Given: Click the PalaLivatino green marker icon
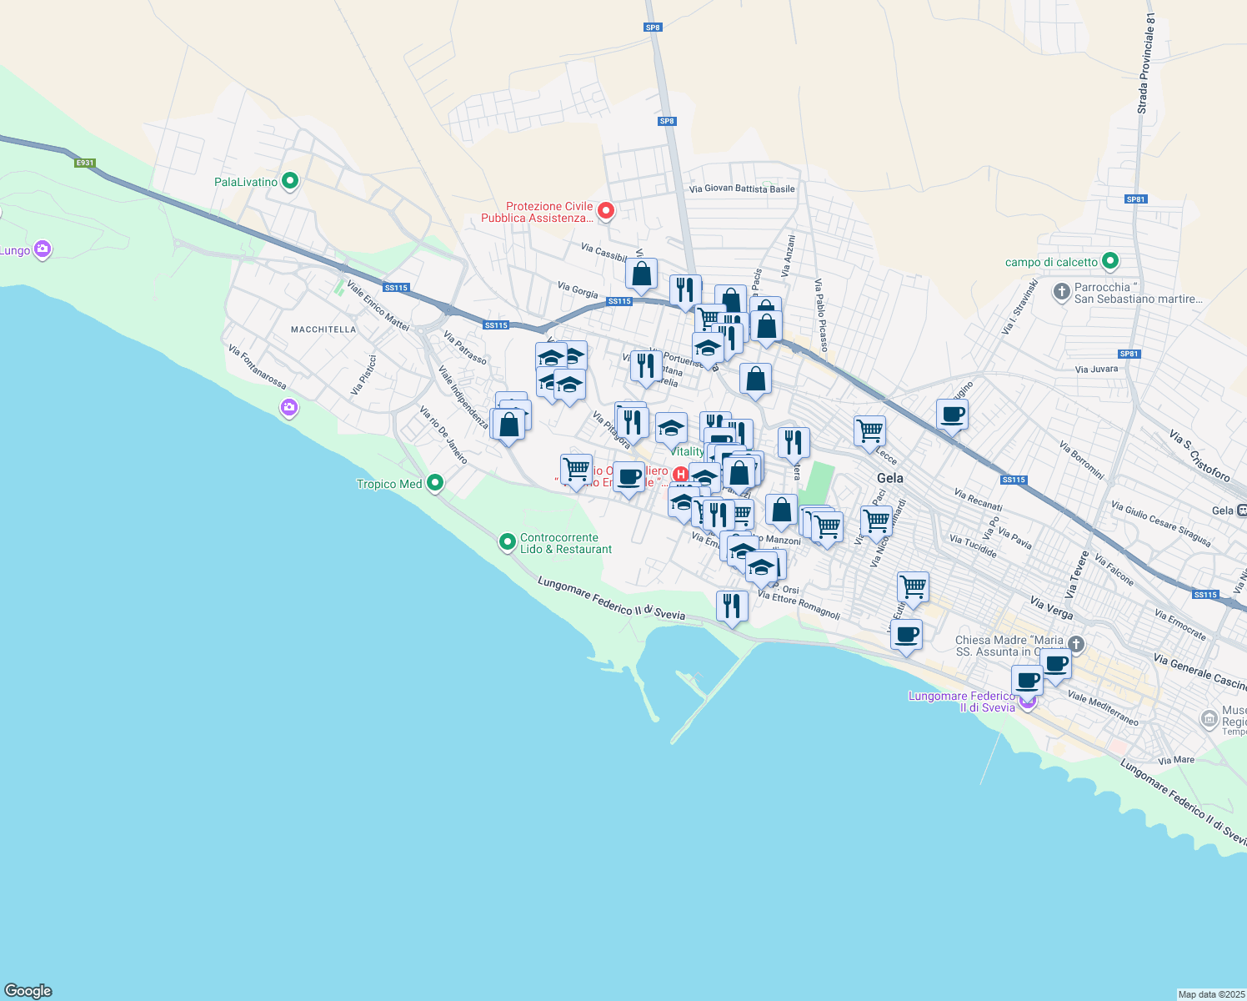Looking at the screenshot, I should pos(290,181).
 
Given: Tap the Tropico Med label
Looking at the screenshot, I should pos(389,484).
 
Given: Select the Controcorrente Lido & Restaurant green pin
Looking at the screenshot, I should pos(507,543).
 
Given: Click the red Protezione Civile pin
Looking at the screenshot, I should pos(606,211).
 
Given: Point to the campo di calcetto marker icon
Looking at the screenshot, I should pos(1110,262).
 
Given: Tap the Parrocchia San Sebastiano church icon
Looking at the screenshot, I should pos(1061,291).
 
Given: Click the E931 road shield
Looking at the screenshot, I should pos(85,163).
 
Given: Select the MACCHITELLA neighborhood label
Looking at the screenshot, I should pos(323,329).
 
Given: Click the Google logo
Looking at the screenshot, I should pos(28,991).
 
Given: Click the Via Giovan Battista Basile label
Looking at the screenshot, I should pos(742,189).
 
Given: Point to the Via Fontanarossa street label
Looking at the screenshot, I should pos(257,368).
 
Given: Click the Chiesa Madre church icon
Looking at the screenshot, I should pos(1076,644).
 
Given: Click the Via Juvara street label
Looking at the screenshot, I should pos(1096,369).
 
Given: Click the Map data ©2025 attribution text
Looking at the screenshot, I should pos(1211,994).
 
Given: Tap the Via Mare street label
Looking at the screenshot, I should pos(1176,760).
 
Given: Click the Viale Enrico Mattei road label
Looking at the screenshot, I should pos(378,306).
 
